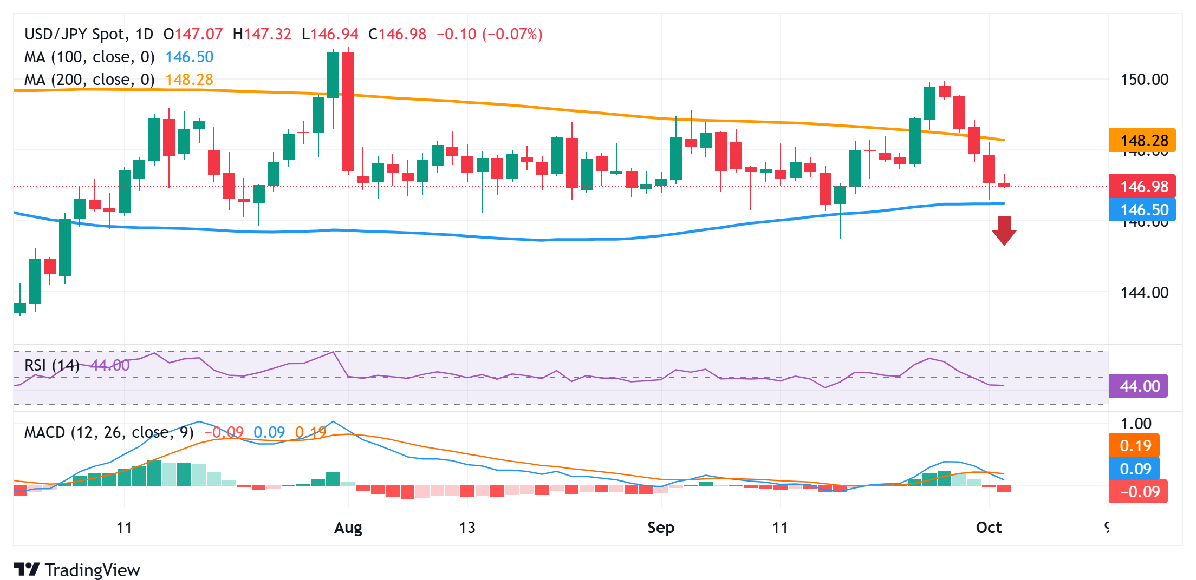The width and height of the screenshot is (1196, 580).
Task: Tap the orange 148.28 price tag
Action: [x=1142, y=141]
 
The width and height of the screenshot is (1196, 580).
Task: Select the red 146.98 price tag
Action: [x=1142, y=187]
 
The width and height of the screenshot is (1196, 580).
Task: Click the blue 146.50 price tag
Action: [x=1142, y=210]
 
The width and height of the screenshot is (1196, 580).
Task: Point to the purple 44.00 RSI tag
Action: [x=1139, y=386]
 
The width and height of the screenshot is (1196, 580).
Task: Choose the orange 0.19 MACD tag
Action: [x=1135, y=446]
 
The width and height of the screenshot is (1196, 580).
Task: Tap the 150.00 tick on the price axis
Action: [x=1144, y=80]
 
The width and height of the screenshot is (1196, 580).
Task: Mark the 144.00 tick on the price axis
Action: [x=1144, y=293]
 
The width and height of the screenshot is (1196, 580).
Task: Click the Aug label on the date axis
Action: [x=348, y=528]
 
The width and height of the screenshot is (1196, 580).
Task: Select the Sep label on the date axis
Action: [x=661, y=528]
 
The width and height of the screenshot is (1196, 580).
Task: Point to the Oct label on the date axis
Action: [x=989, y=528]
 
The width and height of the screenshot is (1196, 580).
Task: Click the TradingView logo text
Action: [x=92, y=570]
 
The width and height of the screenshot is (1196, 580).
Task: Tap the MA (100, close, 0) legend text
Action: [x=89, y=57]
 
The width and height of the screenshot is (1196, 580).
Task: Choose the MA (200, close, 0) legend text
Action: [x=89, y=80]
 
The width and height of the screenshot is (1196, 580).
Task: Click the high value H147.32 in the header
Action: [x=262, y=34]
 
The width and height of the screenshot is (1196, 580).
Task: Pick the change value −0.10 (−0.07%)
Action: [x=489, y=34]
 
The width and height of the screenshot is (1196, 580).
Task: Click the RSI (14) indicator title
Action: [x=52, y=365]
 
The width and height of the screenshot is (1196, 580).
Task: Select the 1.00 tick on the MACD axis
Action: [x=1136, y=424]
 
